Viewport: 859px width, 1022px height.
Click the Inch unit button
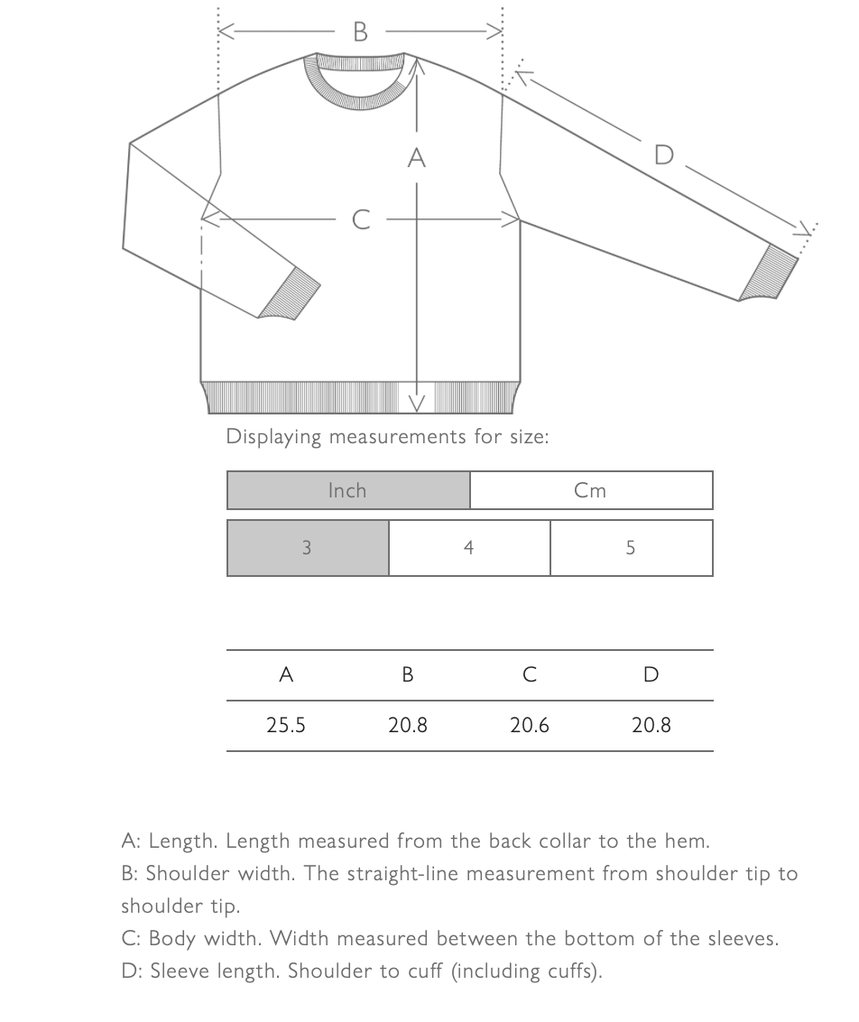[x=348, y=490]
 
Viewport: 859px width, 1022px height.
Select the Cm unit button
[x=591, y=490]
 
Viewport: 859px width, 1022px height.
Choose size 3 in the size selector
[x=308, y=547]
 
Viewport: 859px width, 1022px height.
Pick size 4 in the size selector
[x=469, y=547]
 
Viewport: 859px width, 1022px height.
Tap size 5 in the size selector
[x=631, y=547]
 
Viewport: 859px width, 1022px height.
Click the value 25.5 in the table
[x=286, y=725]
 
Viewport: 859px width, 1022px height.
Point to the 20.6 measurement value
[x=530, y=725]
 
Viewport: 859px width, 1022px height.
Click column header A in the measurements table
[x=286, y=674]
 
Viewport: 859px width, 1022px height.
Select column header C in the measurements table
[x=530, y=674]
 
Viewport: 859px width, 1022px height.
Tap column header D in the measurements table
[x=651, y=674]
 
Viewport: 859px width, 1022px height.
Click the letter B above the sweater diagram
[x=361, y=33]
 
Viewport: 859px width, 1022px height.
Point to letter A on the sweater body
[x=416, y=158]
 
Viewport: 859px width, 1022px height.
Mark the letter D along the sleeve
[x=663, y=155]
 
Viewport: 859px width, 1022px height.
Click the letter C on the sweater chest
[x=361, y=219]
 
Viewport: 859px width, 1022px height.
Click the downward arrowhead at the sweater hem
[x=417, y=401]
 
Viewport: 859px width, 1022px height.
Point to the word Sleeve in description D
[x=177, y=971]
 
